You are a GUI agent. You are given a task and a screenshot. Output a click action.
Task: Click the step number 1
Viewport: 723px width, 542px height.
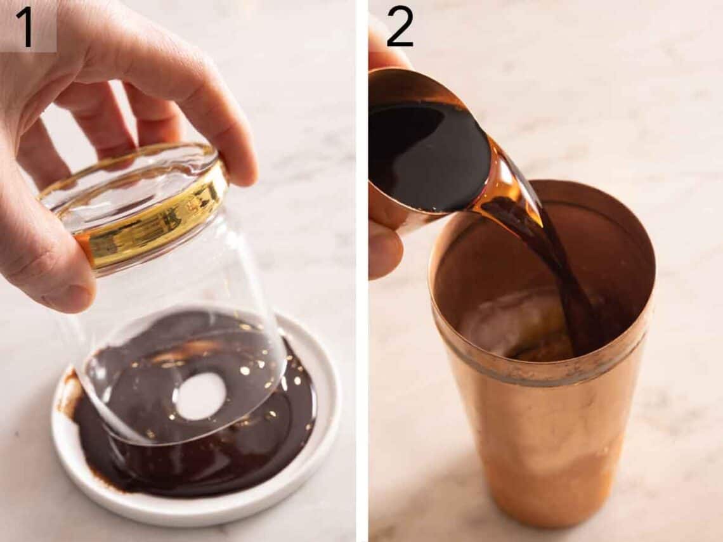24,27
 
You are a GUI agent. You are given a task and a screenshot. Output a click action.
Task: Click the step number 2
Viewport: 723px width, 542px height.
400,27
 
